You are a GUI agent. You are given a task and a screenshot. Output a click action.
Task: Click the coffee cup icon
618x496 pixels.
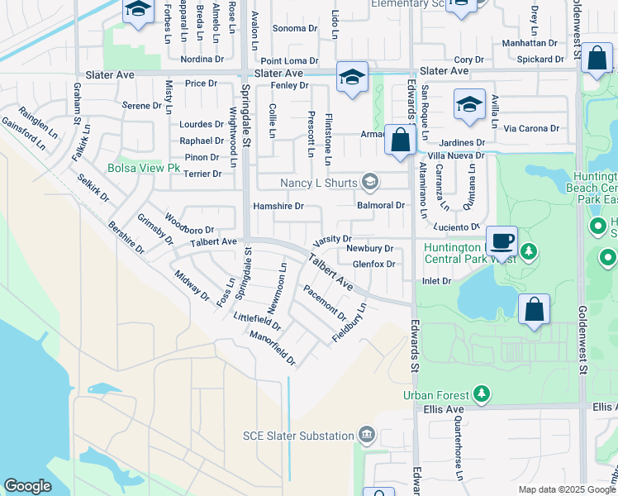coord(502,242)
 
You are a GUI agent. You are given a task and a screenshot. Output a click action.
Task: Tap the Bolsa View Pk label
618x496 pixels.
coord(143,168)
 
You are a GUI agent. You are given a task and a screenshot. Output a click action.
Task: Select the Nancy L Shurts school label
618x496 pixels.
coord(318,182)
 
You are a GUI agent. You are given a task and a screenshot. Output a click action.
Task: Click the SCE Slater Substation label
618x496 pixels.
coord(298,436)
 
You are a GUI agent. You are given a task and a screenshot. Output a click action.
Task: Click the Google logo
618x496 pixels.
coord(27,486)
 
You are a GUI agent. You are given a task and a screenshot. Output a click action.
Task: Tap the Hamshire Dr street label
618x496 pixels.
coord(278,206)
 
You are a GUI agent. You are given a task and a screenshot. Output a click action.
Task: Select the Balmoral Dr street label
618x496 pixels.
coord(380,205)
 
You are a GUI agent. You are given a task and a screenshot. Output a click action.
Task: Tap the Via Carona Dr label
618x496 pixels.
coord(531,129)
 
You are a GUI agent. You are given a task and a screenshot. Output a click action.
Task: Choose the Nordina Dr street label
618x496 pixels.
coord(202,60)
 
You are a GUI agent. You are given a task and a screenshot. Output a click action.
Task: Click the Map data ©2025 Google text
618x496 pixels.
coord(567,489)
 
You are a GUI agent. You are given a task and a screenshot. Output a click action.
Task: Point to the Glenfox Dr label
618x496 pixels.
coord(374,265)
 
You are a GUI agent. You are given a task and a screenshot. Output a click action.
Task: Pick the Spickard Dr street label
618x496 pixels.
coord(540,60)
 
